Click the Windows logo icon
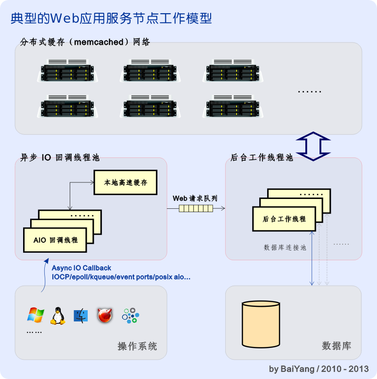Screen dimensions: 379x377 pyautogui.click(x=35, y=315)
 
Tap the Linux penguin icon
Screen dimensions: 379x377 pyautogui.click(x=57, y=315)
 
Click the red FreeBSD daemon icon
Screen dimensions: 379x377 pyautogui.click(x=105, y=315)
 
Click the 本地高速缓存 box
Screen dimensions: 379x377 pyautogui.click(x=124, y=182)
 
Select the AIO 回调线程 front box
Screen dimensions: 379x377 pyautogui.click(x=56, y=240)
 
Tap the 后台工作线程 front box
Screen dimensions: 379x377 pyautogui.click(x=284, y=219)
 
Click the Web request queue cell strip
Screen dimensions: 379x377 pyautogui.click(x=196, y=208)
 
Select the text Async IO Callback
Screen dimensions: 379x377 pyautogui.click(x=82, y=268)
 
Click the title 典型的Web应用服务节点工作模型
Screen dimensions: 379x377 pyautogui.click(x=111, y=18)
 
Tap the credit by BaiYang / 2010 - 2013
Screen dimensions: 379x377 pyautogui.click(x=319, y=369)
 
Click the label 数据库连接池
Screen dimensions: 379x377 pyautogui.click(x=285, y=247)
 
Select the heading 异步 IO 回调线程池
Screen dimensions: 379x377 pyautogui.click(x=59, y=158)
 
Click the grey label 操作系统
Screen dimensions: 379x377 pyautogui.click(x=137, y=346)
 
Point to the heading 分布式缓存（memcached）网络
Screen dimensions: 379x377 pyautogui.click(x=85, y=42)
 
